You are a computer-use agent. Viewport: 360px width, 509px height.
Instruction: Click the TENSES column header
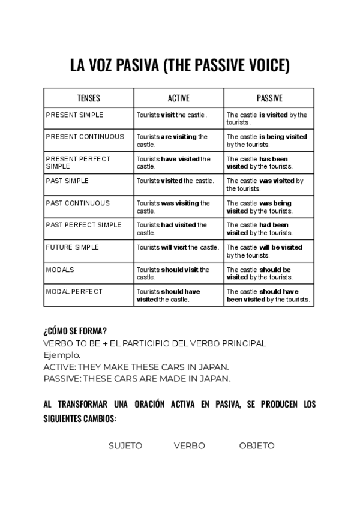tap(89, 98)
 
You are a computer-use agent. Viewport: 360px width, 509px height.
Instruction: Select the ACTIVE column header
tap(178, 98)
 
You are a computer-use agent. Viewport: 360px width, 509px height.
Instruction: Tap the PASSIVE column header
tap(269, 98)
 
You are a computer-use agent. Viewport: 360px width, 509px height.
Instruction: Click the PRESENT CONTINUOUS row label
tap(85, 137)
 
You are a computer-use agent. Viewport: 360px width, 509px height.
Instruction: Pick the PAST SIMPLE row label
tap(67, 181)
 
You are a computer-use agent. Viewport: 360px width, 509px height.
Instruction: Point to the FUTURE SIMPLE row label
tap(73, 247)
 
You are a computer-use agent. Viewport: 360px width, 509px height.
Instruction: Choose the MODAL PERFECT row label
tap(74, 292)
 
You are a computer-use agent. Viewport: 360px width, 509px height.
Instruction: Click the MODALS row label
tap(60, 270)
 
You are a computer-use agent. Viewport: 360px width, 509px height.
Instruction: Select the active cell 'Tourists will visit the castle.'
tap(178, 247)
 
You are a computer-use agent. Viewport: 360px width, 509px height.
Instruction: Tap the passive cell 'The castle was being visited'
tap(259, 207)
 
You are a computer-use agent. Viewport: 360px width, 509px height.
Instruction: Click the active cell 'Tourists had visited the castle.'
tap(172, 229)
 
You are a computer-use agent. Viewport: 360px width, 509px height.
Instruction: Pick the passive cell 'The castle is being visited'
tap(266, 140)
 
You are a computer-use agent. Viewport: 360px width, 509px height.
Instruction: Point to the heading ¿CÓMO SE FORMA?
tap(76, 331)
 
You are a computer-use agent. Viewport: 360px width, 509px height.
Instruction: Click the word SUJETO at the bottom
tap(125, 445)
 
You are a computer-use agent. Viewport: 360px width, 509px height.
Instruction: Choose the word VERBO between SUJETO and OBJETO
tap(190, 445)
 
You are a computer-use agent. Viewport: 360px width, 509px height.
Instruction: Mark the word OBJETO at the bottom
tap(257, 445)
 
